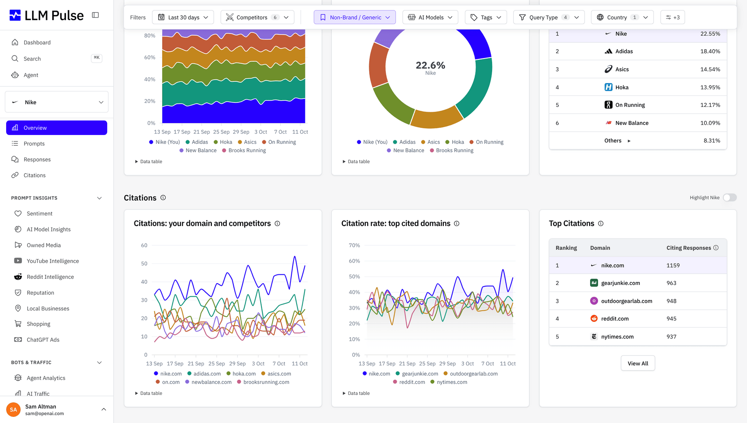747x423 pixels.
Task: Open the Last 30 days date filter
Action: [x=183, y=17]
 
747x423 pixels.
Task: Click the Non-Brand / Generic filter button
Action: [x=355, y=17]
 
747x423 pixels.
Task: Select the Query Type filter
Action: [x=548, y=17]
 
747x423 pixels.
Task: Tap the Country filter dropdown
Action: [x=622, y=17]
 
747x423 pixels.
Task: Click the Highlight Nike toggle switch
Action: [x=729, y=197]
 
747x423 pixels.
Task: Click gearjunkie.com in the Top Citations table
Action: [x=620, y=283]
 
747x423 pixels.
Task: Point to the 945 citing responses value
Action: [x=671, y=319]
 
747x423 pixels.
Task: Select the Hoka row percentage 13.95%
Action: [x=710, y=87]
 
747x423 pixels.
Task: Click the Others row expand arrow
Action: [x=629, y=141]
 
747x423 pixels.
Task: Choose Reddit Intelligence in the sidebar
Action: [x=50, y=277]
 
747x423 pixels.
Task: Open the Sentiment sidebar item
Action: [x=40, y=213]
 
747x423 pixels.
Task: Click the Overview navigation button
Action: [x=57, y=128]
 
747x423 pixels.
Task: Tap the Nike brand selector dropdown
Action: [x=57, y=102]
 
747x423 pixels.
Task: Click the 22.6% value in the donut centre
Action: [x=430, y=65]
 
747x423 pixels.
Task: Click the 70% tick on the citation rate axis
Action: [x=354, y=245]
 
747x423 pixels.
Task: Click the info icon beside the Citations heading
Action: [x=163, y=197]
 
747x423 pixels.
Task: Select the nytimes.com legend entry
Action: [x=449, y=382]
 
